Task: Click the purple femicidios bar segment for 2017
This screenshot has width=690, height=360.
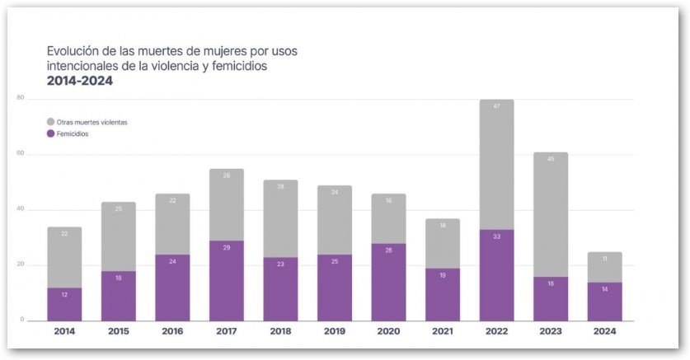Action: pos(227,280)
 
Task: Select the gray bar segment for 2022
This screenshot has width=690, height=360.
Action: pos(496,165)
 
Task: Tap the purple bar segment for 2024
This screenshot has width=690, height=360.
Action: pos(604,302)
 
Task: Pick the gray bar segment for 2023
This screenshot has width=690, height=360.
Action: pos(550,214)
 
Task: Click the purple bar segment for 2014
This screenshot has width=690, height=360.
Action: pos(64,304)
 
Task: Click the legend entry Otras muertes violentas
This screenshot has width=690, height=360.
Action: pos(91,122)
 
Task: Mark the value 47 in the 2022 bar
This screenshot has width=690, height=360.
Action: pos(496,106)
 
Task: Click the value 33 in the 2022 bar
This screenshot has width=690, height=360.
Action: pos(496,236)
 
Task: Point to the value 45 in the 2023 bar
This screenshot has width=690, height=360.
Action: pos(550,159)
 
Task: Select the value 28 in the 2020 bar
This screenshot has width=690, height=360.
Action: pos(388,250)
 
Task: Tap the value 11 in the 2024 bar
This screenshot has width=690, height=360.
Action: pos(604,259)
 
